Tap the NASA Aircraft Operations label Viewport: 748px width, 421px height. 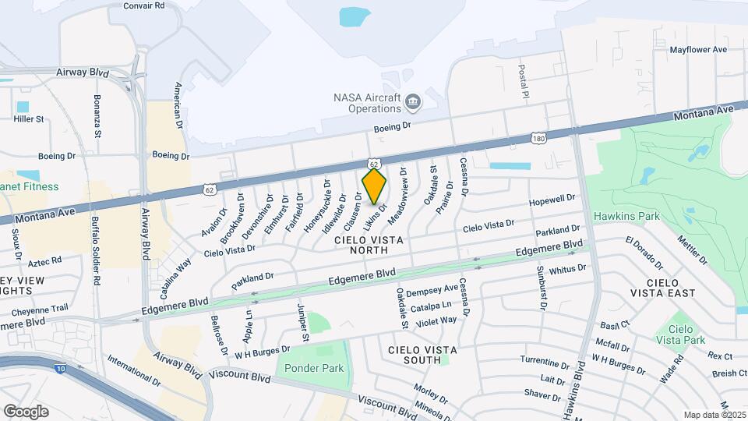[366, 104]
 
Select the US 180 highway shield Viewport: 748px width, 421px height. [538, 139]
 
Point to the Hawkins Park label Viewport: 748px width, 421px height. [626, 216]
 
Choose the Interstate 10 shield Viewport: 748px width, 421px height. [59, 369]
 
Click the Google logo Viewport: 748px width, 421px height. [26, 411]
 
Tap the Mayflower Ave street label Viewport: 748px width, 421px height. [698, 49]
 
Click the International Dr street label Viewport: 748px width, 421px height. [133, 372]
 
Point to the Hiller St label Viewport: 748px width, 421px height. [29, 119]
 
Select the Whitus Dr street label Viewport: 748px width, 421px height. [567, 269]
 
